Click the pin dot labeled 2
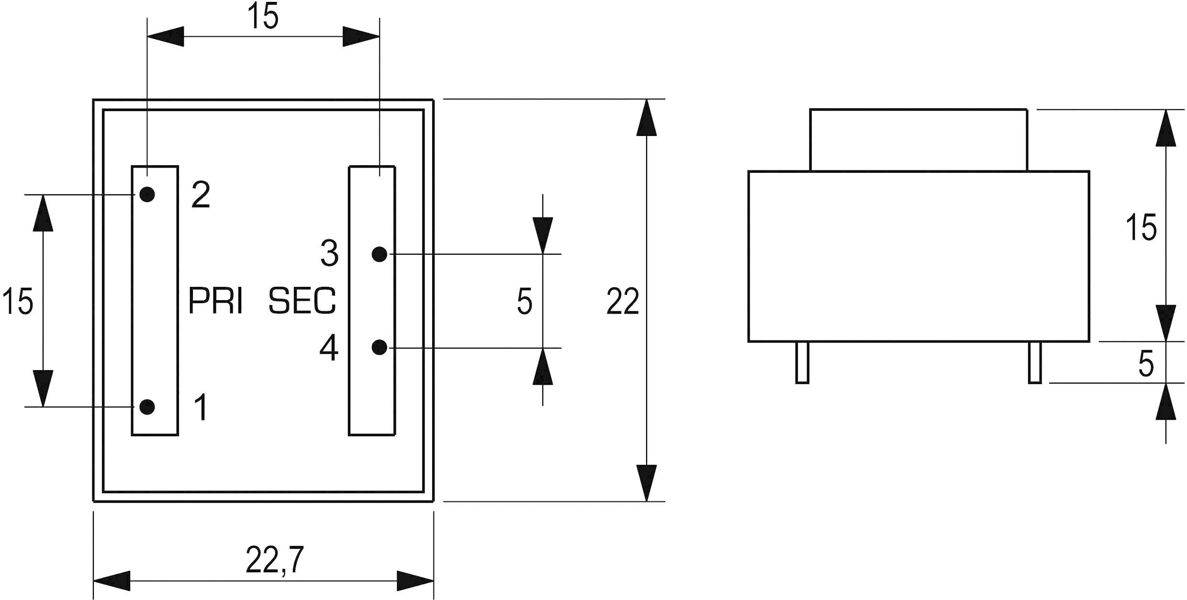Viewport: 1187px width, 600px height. point(147,194)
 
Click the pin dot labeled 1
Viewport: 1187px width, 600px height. point(147,407)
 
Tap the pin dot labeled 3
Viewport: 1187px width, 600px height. point(379,254)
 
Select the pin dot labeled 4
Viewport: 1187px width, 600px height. point(379,348)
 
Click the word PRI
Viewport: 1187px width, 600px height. point(215,301)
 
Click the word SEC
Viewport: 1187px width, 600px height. point(302,301)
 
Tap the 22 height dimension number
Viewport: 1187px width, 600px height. point(622,302)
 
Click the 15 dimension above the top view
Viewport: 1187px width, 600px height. point(263,17)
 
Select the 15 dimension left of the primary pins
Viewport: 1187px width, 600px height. point(18,302)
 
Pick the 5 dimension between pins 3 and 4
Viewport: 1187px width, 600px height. point(524,302)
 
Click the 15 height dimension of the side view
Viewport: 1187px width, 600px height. point(1141,227)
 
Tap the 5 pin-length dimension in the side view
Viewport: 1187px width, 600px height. point(1146,364)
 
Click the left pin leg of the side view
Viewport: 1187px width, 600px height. point(802,362)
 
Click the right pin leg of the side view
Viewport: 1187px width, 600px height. point(1035,362)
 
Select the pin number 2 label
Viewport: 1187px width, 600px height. point(201,195)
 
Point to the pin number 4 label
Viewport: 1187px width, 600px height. point(329,348)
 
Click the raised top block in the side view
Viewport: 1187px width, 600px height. point(918,140)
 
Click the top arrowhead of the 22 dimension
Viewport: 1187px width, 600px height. point(647,118)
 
